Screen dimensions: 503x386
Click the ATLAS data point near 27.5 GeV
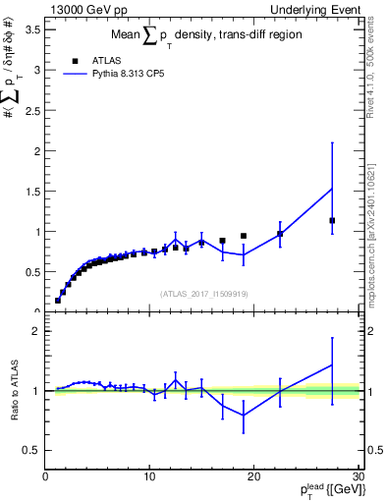(x=332, y=220)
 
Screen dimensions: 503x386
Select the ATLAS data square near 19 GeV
(x=244, y=236)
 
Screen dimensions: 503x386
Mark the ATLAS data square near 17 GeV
(x=223, y=241)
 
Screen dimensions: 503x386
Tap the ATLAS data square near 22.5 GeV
(x=280, y=233)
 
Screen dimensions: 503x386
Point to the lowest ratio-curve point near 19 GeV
(x=244, y=416)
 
